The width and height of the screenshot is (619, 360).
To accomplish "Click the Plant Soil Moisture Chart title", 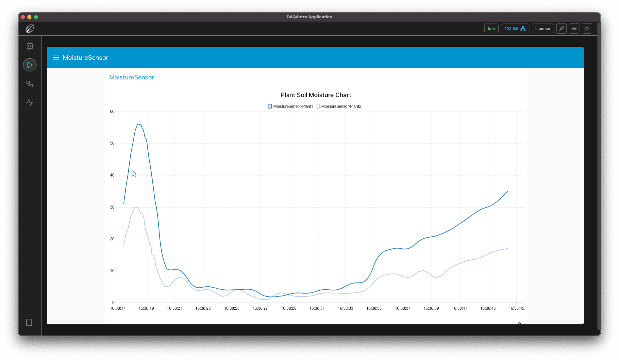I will point(316,95).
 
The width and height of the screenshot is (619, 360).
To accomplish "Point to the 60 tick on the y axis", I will point(112,112).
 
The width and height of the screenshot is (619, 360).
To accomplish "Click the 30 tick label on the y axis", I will point(112,207).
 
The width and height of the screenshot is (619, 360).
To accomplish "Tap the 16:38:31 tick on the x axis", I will point(317,308).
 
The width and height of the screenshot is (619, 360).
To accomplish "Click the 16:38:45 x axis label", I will point(516,308).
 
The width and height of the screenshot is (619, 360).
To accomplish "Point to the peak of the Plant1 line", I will point(139,124).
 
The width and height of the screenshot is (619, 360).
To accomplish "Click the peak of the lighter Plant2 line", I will point(136,207).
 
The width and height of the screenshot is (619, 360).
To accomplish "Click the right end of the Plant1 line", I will point(508,191).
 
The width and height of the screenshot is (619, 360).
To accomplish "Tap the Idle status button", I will point(491,29).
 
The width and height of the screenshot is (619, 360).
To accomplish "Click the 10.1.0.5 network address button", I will point(515,29).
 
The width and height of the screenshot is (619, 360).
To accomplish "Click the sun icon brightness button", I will point(587,29).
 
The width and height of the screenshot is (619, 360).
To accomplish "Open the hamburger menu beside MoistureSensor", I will point(56,58).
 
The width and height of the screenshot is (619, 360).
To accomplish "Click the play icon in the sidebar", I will point(30,65).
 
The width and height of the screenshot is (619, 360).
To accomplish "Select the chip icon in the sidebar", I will point(30,46).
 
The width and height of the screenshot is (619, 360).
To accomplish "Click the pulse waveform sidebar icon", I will point(30,102).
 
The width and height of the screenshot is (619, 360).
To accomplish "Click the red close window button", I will point(23,17).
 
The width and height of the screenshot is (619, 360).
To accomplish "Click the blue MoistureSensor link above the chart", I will point(131,77).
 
